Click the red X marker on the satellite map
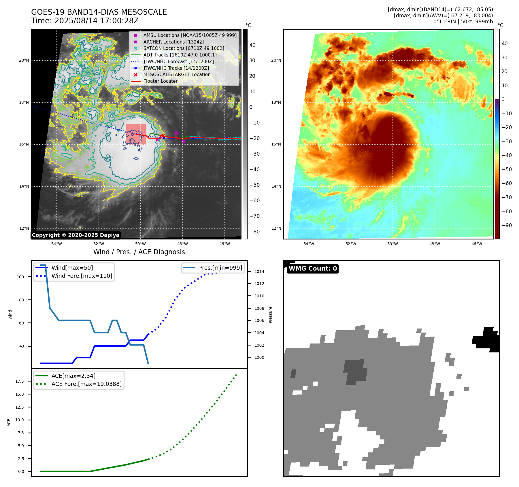pyautogui.click(x=163, y=135)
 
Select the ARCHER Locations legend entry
pyautogui.click(x=174, y=42)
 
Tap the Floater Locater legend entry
pyautogui.click(x=160, y=81)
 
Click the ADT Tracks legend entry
pyautogui.click(x=180, y=55)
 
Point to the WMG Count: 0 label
pyautogui.click(x=313, y=269)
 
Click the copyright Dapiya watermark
pyautogui.click(x=76, y=235)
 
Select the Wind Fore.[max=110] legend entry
pyautogui.click(x=82, y=276)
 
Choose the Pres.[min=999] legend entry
pyautogui.click(x=220, y=268)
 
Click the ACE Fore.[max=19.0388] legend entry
pyautogui.click(x=86, y=384)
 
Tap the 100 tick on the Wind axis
pyautogui.click(x=20, y=277)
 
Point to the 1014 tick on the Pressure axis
pyautogui.click(x=259, y=271)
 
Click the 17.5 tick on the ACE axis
pyautogui.click(x=20, y=381)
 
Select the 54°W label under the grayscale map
pyautogui.click(x=57, y=244)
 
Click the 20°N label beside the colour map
pyautogui.click(x=276, y=60)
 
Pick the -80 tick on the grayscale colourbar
pyautogui.click(x=254, y=232)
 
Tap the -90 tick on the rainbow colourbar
pyautogui.click(x=507, y=225)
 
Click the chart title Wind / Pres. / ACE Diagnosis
pyautogui.click(x=139, y=252)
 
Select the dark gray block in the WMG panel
pyautogui.click(x=355, y=371)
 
